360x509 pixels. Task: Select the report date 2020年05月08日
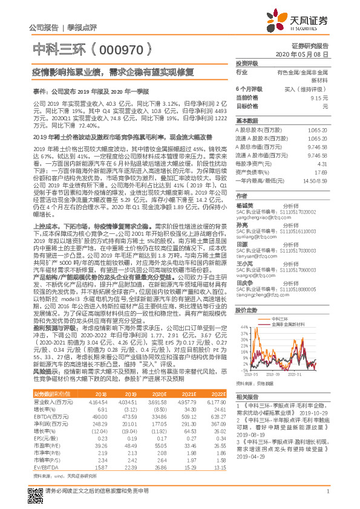307,54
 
